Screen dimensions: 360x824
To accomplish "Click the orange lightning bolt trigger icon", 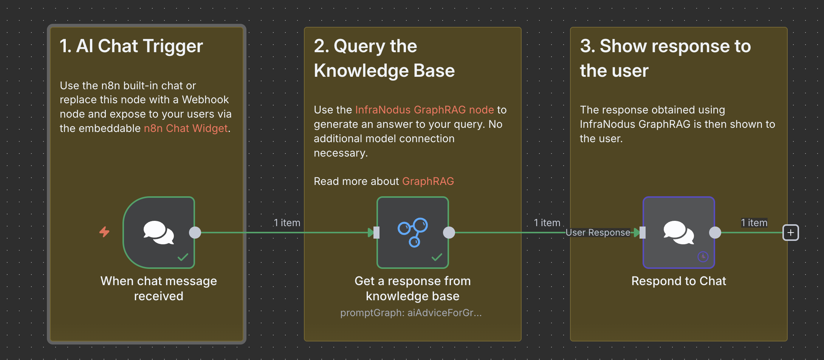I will tap(104, 231).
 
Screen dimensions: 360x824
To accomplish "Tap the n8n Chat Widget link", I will tap(186, 129).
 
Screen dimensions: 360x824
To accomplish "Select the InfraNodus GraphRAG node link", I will tap(424, 110).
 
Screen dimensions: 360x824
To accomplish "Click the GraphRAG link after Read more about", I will tap(428, 182).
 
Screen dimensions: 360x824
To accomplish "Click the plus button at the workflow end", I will tap(790, 233).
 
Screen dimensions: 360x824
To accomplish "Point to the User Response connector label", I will tap(598, 233).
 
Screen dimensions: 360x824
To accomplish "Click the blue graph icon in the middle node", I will tap(412, 232).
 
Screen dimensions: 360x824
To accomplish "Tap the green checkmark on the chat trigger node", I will tap(183, 258).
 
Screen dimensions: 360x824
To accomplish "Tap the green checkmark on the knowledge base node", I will tap(437, 258).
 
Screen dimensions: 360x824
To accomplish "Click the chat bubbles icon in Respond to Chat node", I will tap(678, 232).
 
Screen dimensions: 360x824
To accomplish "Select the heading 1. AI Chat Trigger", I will tap(131, 46).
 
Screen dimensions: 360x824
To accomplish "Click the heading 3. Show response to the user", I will tap(665, 58).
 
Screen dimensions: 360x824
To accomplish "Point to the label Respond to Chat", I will tap(678, 281).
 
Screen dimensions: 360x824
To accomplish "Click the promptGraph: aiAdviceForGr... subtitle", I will tap(411, 313).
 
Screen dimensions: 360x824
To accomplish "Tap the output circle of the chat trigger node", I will tap(195, 233).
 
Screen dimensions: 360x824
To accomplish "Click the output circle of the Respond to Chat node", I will tap(715, 233).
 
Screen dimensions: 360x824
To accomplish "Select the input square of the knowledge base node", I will tap(376, 233).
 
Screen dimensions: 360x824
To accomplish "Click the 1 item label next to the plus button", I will tap(754, 223).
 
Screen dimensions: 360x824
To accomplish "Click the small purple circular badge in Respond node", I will tap(703, 257).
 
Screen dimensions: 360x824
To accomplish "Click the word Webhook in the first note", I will tap(205, 100).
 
